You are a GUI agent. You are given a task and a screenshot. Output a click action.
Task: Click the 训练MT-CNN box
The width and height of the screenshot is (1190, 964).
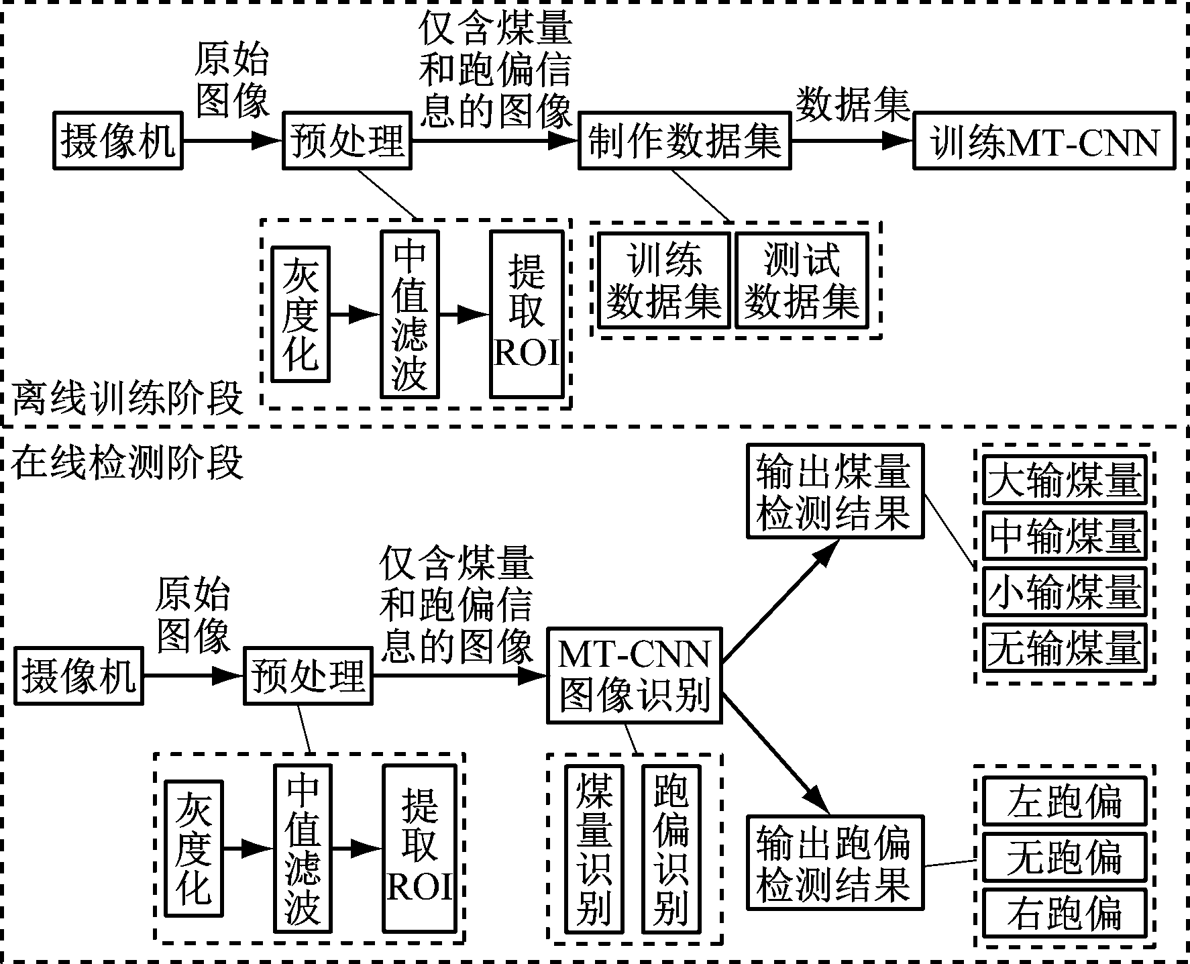pyautogui.click(x=1044, y=141)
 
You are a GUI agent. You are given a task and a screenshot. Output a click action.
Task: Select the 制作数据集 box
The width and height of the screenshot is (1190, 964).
pyautogui.click(x=684, y=141)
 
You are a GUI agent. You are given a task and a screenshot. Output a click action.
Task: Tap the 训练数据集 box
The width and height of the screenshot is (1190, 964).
pyautogui.click(x=663, y=280)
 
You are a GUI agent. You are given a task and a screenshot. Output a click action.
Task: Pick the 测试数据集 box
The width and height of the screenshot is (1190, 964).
pyautogui.click(x=802, y=280)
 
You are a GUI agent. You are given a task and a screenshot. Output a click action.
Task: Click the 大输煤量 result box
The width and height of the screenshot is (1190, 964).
pyautogui.click(x=1065, y=480)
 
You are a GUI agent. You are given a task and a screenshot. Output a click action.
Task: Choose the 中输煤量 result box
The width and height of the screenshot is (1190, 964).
pyautogui.click(x=1065, y=536)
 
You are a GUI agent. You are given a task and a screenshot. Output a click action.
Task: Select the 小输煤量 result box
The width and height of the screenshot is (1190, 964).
pyautogui.click(x=1065, y=592)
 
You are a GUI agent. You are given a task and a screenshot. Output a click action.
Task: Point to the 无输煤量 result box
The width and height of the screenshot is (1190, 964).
pyautogui.click(x=1065, y=648)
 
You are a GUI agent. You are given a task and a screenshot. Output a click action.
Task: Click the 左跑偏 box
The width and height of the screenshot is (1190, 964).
pyautogui.click(x=1065, y=801)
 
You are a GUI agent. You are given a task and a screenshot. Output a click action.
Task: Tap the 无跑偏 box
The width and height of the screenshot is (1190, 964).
pyautogui.click(x=1065, y=857)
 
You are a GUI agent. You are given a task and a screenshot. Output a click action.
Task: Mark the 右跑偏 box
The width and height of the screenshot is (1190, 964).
pyautogui.click(x=1065, y=914)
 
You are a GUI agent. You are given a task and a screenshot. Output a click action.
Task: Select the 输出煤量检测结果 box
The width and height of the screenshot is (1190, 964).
pyautogui.click(x=834, y=491)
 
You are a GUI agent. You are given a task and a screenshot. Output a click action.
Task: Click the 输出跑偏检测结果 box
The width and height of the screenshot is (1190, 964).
pyautogui.click(x=834, y=862)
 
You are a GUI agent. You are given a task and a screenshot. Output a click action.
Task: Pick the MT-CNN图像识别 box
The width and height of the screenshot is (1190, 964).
pyautogui.click(x=634, y=675)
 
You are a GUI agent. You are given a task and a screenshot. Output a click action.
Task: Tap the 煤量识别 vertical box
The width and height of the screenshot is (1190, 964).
pyautogui.click(x=594, y=849)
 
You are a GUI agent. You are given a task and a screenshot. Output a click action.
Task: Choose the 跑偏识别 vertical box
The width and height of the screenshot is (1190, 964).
pyautogui.click(x=671, y=849)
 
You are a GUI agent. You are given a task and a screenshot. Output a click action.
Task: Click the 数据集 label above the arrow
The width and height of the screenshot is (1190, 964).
pyautogui.click(x=852, y=106)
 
